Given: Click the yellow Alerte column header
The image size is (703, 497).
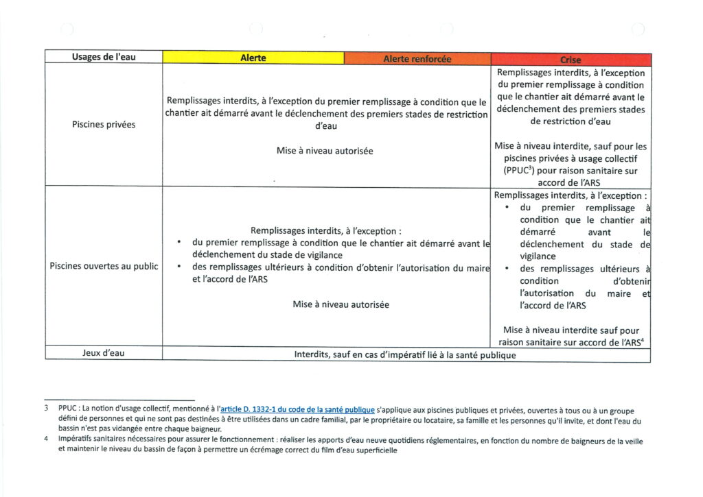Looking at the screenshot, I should [x=253, y=58].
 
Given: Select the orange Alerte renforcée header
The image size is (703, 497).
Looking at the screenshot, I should [x=417, y=59].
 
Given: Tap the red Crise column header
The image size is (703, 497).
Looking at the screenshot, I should [x=571, y=60].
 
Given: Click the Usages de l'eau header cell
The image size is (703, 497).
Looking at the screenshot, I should [x=103, y=58].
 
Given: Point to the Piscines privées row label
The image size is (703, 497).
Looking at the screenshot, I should [x=103, y=125].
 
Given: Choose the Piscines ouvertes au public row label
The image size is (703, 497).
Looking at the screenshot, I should [x=104, y=266].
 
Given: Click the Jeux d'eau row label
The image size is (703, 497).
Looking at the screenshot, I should [x=103, y=354].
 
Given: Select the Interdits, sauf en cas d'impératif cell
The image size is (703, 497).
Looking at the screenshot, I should [x=404, y=355].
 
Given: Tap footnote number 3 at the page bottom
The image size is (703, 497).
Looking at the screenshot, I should [x=46, y=410].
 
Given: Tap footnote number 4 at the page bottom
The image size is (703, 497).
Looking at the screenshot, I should [x=46, y=441].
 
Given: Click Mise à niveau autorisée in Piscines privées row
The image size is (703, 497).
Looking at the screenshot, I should [x=325, y=151].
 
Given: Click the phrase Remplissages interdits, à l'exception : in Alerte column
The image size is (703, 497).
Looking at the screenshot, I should [x=326, y=231].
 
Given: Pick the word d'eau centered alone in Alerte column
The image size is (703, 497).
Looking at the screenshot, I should [x=325, y=126].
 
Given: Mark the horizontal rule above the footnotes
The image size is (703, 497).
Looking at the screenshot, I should [x=119, y=400].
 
